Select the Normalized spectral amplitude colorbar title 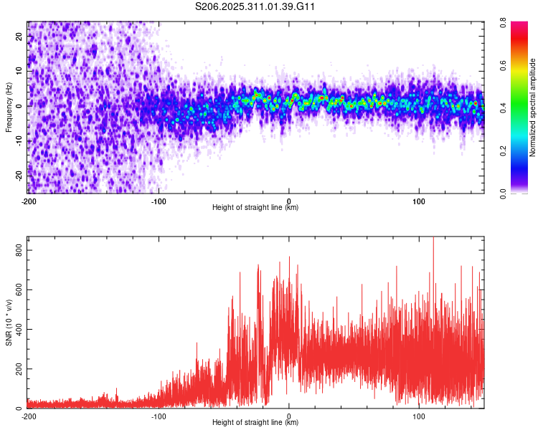pos(533,107)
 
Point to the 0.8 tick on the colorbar pos(514,25)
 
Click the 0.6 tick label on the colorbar pos(514,67)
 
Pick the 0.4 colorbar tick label pos(514,109)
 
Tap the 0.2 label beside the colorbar pos(514,151)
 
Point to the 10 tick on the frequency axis pos(19,71)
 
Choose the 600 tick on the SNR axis pos(18,290)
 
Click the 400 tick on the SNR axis pos(18,330)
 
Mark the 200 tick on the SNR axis pos(18,369)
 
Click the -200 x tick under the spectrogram pos(29,201)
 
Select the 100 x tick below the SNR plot pos(419,416)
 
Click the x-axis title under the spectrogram pos(255,208)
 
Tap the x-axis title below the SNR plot pos(255,423)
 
